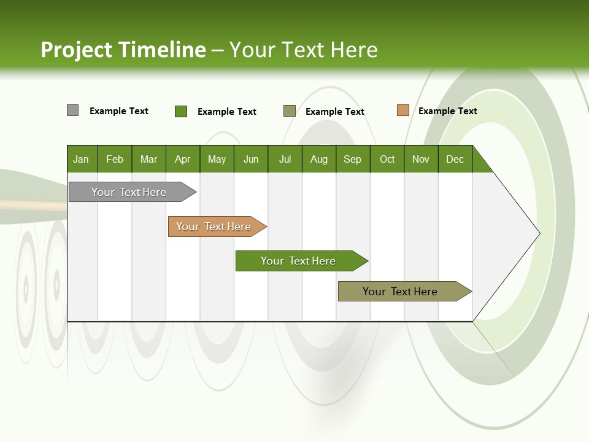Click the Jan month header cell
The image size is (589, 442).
click(x=82, y=159)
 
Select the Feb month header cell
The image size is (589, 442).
click(x=115, y=159)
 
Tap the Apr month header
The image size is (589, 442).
click(x=183, y=159)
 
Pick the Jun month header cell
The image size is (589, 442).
click(x=251, y=159)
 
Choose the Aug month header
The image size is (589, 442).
click(x=319, y=159)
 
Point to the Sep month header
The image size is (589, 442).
click(x=353, y=159)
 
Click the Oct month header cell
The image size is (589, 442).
click(x=387, y=159)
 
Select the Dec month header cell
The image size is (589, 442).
click(x=455, y=159)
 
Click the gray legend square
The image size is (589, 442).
click(x=72, y=110)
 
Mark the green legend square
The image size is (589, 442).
click(x=181, y=111)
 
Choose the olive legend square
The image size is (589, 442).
click(x=290, y=111)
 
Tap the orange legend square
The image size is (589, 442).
click(x=402, y=110)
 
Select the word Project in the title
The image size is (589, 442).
click(x=76, y=50)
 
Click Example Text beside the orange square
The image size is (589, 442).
click(x=447, y=111)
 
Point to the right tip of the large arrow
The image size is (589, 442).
click(x=538, y=233)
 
